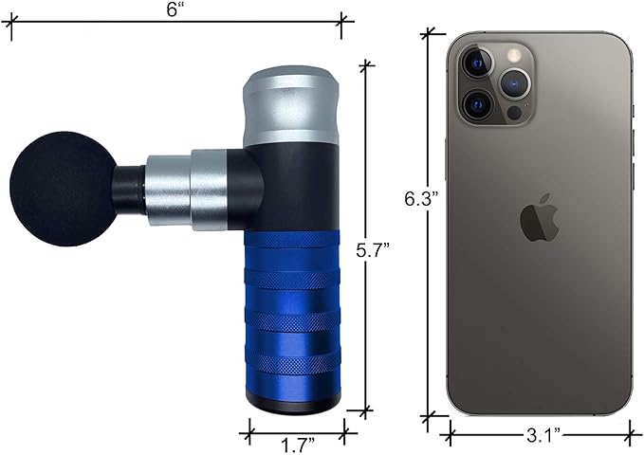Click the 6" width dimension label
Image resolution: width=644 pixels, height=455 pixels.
click(175, 9)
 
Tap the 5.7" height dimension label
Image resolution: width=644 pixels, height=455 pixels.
click(373, 250)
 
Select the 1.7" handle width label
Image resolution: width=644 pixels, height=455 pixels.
click(298, 446)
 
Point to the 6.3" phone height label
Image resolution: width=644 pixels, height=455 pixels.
click(422, 199)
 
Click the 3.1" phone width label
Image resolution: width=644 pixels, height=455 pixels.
click(543, 435)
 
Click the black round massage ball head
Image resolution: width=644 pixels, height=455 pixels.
click(62, 189)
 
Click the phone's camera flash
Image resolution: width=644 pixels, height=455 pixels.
click(512, 55)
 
